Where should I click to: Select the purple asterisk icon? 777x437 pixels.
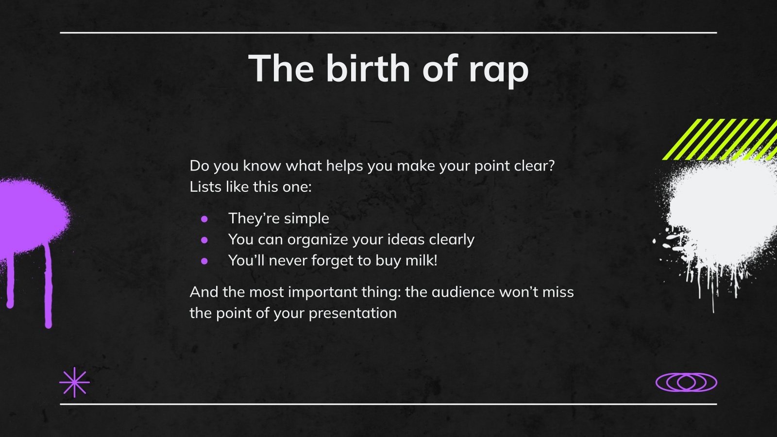point(74,383)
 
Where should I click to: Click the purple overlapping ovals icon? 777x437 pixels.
point(686,383)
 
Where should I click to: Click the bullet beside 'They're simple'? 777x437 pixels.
point(204,218)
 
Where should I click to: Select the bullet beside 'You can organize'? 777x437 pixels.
point(204,239)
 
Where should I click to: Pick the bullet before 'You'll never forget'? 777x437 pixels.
point(204,261)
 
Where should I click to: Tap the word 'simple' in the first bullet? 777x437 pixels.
point(306,218)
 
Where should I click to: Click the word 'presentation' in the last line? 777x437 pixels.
point(353,313)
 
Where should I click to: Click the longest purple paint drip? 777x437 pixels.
point(48,286)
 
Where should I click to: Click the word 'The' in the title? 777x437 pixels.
point(281,68)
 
